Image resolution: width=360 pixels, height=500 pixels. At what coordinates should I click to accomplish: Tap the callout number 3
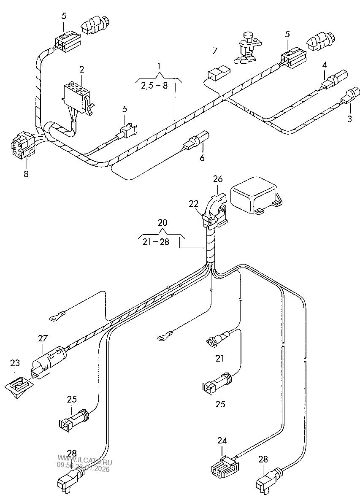pyautogui.click(x=349, y=119)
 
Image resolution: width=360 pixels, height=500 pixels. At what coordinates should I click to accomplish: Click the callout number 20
pyautogui.click(x=162, y=223)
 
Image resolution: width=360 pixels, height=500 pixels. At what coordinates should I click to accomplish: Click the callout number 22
pyautogui.click(x=193, y=203)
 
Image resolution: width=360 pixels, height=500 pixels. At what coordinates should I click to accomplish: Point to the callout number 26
pyautogui.click(x=218, y=180)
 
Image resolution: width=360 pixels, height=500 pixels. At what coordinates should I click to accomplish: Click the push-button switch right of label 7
pyautogui.click(x=246, y=47)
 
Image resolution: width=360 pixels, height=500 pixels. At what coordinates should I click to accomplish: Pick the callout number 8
pyautogui.click(x=26, y=174)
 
